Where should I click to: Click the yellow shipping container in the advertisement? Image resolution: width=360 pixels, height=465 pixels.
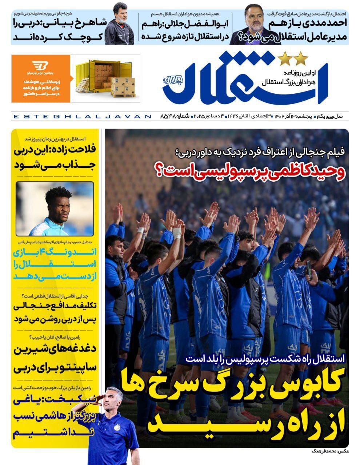click(x=103, y=78)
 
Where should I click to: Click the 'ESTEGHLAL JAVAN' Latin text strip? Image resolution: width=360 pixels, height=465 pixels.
click(x=82, y=117)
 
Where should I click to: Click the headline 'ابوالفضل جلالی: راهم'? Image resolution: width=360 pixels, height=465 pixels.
click(x=185, y=24)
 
